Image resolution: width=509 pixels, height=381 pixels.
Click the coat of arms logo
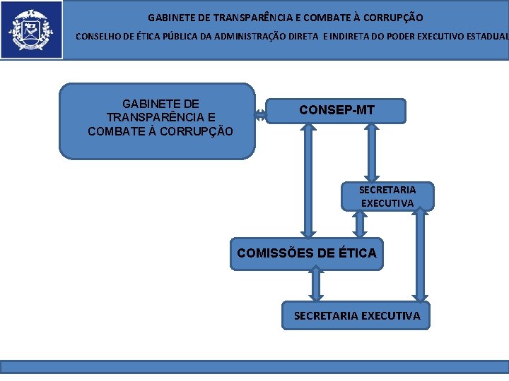pyautogui.click(x=30, y=30)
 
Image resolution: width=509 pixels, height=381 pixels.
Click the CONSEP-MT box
pyautogui.click(x=336, y=111)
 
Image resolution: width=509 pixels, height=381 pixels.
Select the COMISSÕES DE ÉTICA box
pyautogui.click(x=306, y=253)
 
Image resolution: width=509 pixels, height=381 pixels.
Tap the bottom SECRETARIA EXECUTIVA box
pyautogui.click(x=356, y=315)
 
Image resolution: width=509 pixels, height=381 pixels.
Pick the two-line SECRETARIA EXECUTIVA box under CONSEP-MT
pyautogui.click(x=387, y=196)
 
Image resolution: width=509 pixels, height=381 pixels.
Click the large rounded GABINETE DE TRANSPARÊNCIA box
pyautogui.click(x=157, y=121)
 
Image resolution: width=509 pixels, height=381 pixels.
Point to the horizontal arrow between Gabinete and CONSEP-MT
pyautogui.click(x=260, y=115)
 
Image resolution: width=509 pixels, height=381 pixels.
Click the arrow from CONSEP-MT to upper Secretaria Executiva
pyautogui.click(x=370, y=152)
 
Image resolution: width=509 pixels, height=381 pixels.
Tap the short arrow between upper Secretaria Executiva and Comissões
pyautogui.click(x=360, y=224)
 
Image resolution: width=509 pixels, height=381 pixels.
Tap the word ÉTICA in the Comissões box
pyautogui.click(x=357, y=253)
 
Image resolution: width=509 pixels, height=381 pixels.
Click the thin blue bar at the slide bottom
pyautogui.click(x=255, y=367)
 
